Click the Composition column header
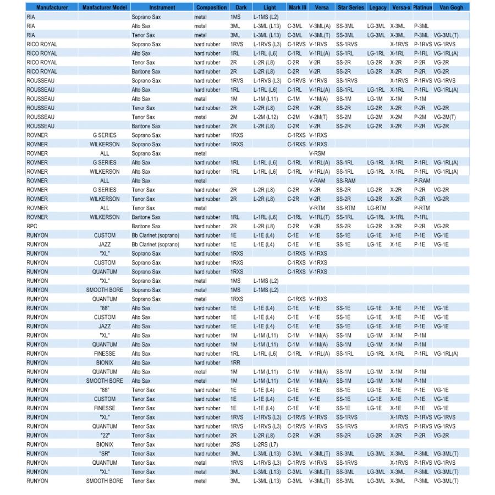click(x=211, y=8)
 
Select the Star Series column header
click(x=350, y=8)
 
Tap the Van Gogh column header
click(x=451, y=8)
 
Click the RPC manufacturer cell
click(x=32, y=226)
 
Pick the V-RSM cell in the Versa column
click(x=318, y=153)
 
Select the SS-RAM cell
click(x=345, y=180)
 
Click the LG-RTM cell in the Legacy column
click(x=377, y=208)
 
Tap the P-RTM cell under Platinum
click(x=422, y=208)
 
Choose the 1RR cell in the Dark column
click(x=235, y=362)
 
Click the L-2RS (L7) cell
click(x=266, y=444)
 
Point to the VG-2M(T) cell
click(x=445, y=117)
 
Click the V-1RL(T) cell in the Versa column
click(x=320, y=217)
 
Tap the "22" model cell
click(x=105, y=436)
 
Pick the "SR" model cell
click(x=105, y=454)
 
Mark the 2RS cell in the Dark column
click(x=235, y=444)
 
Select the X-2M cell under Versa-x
click(x=396, y=117)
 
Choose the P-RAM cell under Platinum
click(x=422, y=180)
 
